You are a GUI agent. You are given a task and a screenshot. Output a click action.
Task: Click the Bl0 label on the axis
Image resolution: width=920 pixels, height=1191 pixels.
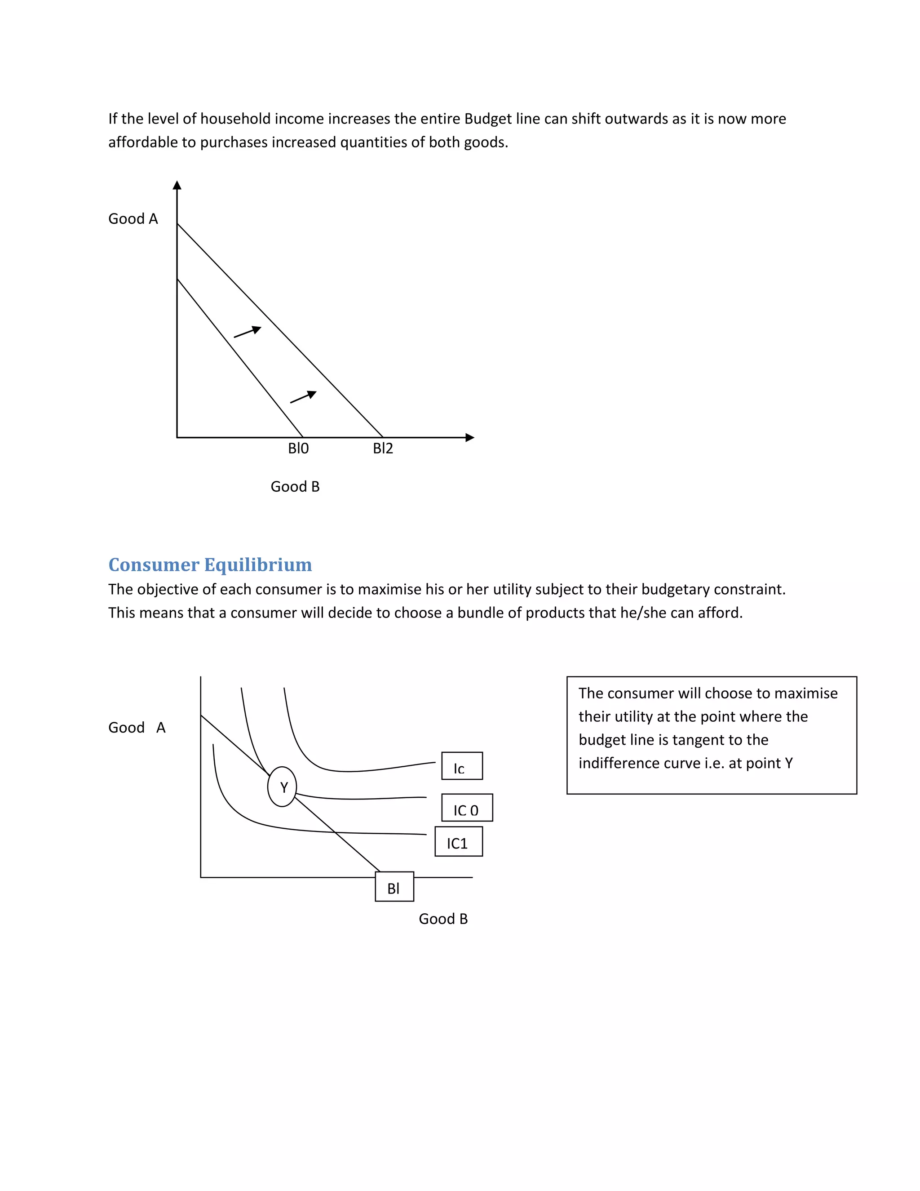298,448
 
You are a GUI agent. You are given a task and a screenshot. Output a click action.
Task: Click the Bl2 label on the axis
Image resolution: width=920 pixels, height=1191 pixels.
383,448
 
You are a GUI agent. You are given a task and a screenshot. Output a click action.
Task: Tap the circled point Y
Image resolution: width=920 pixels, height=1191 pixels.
282,787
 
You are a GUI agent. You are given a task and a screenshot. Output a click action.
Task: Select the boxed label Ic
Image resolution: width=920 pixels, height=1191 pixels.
462,766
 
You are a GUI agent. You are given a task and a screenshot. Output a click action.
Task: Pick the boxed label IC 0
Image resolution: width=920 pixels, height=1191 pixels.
467,808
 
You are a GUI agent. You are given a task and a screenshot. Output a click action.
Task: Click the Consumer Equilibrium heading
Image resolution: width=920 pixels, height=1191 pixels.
210,564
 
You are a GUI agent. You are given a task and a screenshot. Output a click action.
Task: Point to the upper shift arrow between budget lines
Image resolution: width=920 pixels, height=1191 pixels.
248,332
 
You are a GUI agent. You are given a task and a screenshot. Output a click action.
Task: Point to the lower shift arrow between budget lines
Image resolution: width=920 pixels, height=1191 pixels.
304,397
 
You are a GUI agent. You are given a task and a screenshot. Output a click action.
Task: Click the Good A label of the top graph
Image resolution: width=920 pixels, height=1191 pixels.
133,219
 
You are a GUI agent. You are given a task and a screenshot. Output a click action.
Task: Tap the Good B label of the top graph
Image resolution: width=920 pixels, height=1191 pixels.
295,486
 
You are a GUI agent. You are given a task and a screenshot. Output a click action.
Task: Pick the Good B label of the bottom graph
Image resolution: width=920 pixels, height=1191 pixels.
443,919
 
